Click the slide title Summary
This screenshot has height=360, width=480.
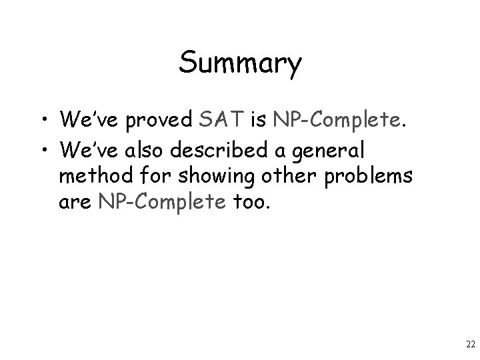240,63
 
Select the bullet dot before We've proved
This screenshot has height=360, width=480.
44,120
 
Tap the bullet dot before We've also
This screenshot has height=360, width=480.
44,147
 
